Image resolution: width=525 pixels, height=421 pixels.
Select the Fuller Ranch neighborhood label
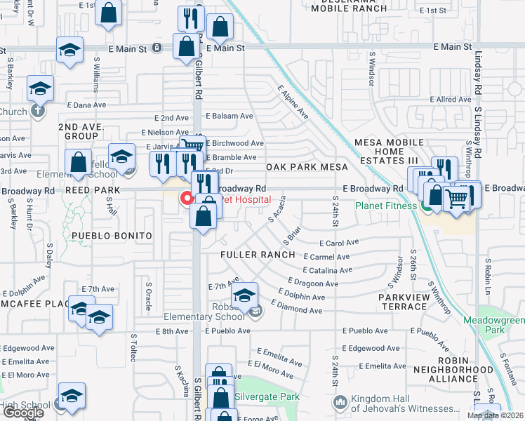coord(257,254)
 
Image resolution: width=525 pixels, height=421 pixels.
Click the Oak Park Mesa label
coord(307,167)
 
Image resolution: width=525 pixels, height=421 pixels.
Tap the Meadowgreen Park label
coord(494,325)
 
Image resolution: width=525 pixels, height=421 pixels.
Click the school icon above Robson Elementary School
coord(244,295)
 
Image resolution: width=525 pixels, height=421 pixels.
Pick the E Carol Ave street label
coord(339,243)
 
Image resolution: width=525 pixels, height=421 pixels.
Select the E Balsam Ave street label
coord(229,116)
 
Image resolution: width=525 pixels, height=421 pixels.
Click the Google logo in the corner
coord(23,413)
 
